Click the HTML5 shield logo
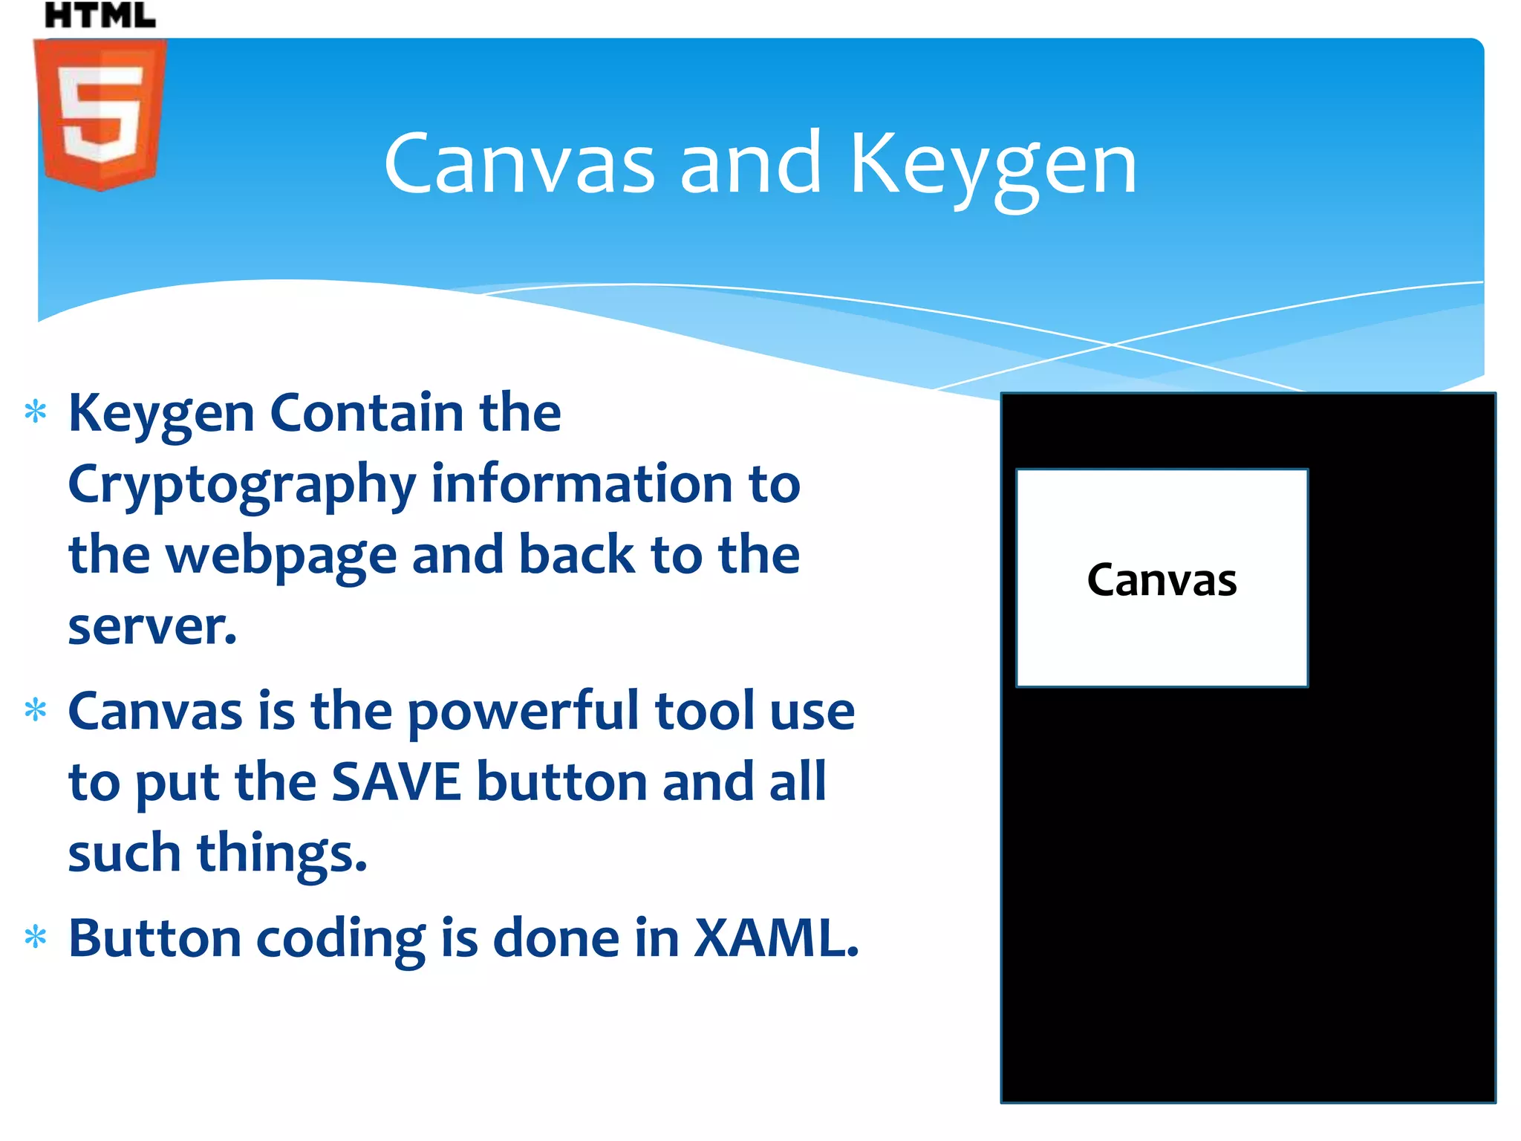[x=100, y=114]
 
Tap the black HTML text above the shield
[x=100, y=15]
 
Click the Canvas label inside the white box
[x=1162, y=580]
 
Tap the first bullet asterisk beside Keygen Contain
[x=36, y=412]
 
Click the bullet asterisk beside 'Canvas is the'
[x=36, y=711]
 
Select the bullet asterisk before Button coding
[x=36, y=937]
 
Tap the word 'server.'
[x=152, y=627]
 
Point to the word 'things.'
[x=282, y=854]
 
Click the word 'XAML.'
[x=776, y=938]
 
